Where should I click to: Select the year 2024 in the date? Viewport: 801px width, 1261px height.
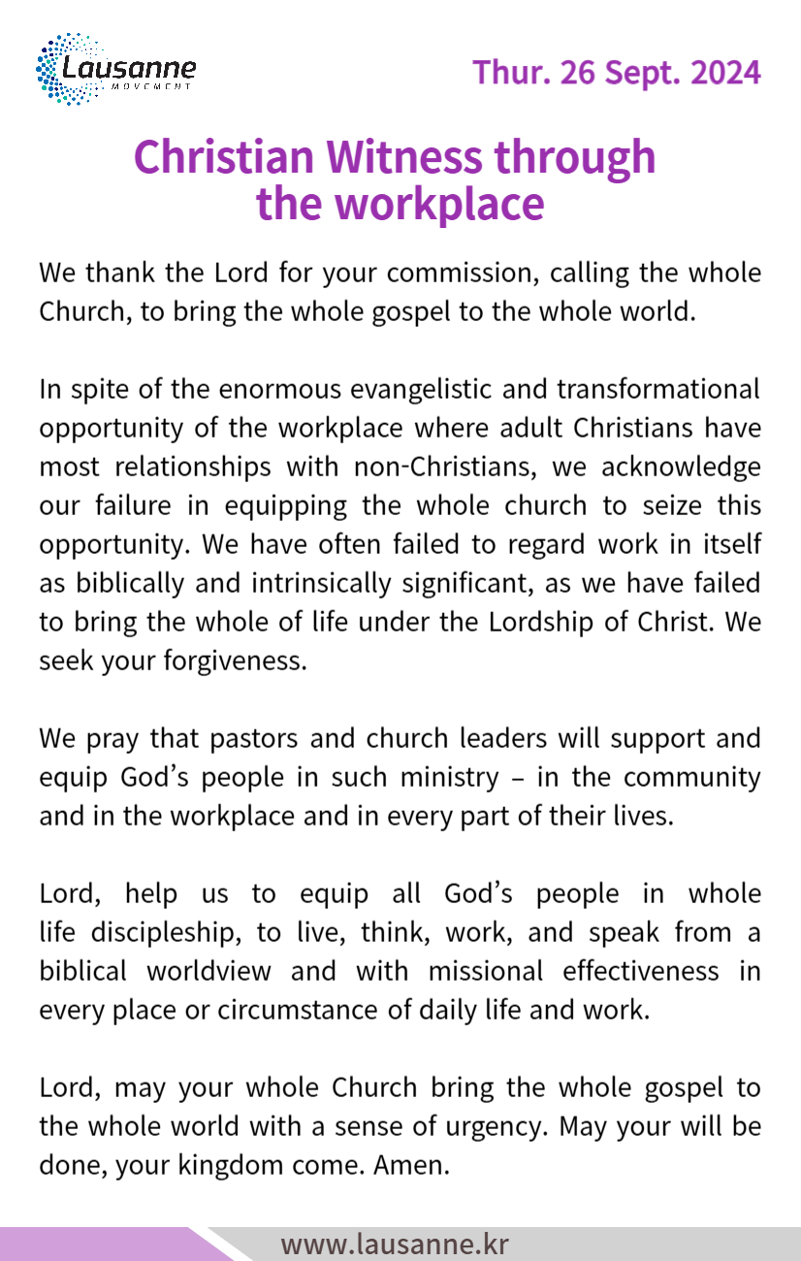click(725, 73)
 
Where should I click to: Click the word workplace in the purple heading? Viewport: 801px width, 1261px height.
click(438, 204)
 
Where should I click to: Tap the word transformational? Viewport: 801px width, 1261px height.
click(657, 389)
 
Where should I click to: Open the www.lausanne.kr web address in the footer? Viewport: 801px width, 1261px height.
click(394, 1245)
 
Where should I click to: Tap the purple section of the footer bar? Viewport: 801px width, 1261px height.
click(97, 1245)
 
